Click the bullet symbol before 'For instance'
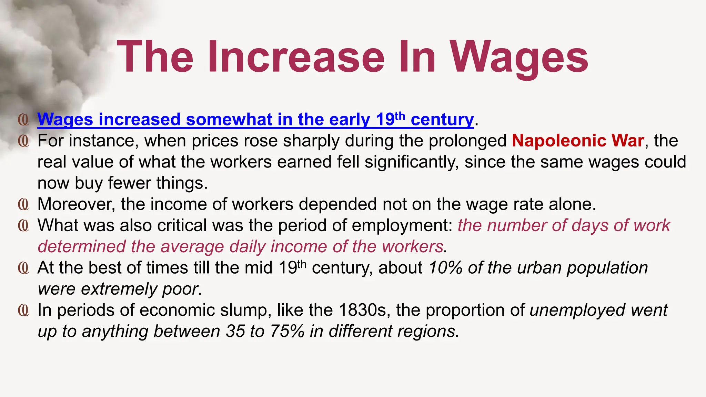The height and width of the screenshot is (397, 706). click(23, 141)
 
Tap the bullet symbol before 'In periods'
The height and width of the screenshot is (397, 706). click(23, 310)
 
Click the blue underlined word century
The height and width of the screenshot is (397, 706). click(442, 120)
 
